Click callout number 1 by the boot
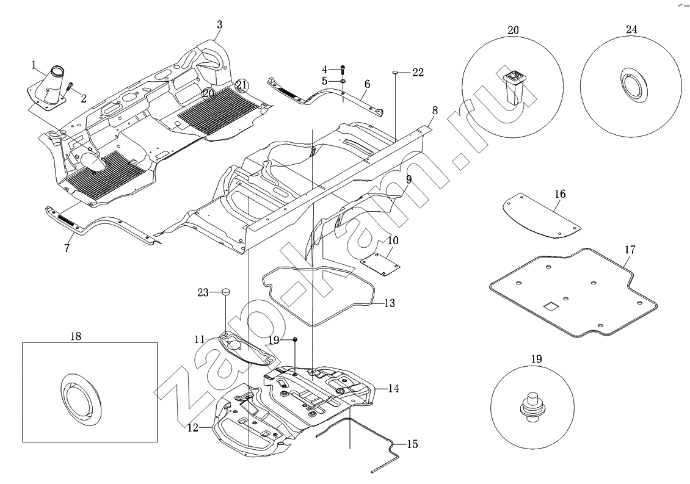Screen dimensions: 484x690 point(35,63)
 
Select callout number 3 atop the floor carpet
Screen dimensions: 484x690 point(219,24)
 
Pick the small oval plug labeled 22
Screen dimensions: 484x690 point(395,72)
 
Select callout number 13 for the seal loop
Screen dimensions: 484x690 point(389,303)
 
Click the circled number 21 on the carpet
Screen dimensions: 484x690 point(242,85)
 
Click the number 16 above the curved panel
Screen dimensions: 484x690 point(560,194)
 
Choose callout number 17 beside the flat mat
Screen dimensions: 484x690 point(630,250)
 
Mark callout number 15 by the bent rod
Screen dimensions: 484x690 point(412,444)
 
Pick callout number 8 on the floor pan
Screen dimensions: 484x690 point(435,110)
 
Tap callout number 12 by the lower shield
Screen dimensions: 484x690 point(192,428)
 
